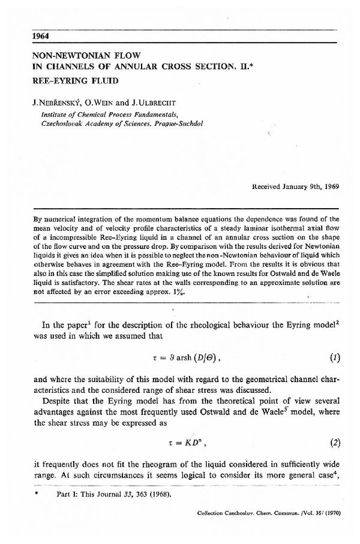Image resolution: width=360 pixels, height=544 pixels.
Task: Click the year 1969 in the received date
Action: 331,185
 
